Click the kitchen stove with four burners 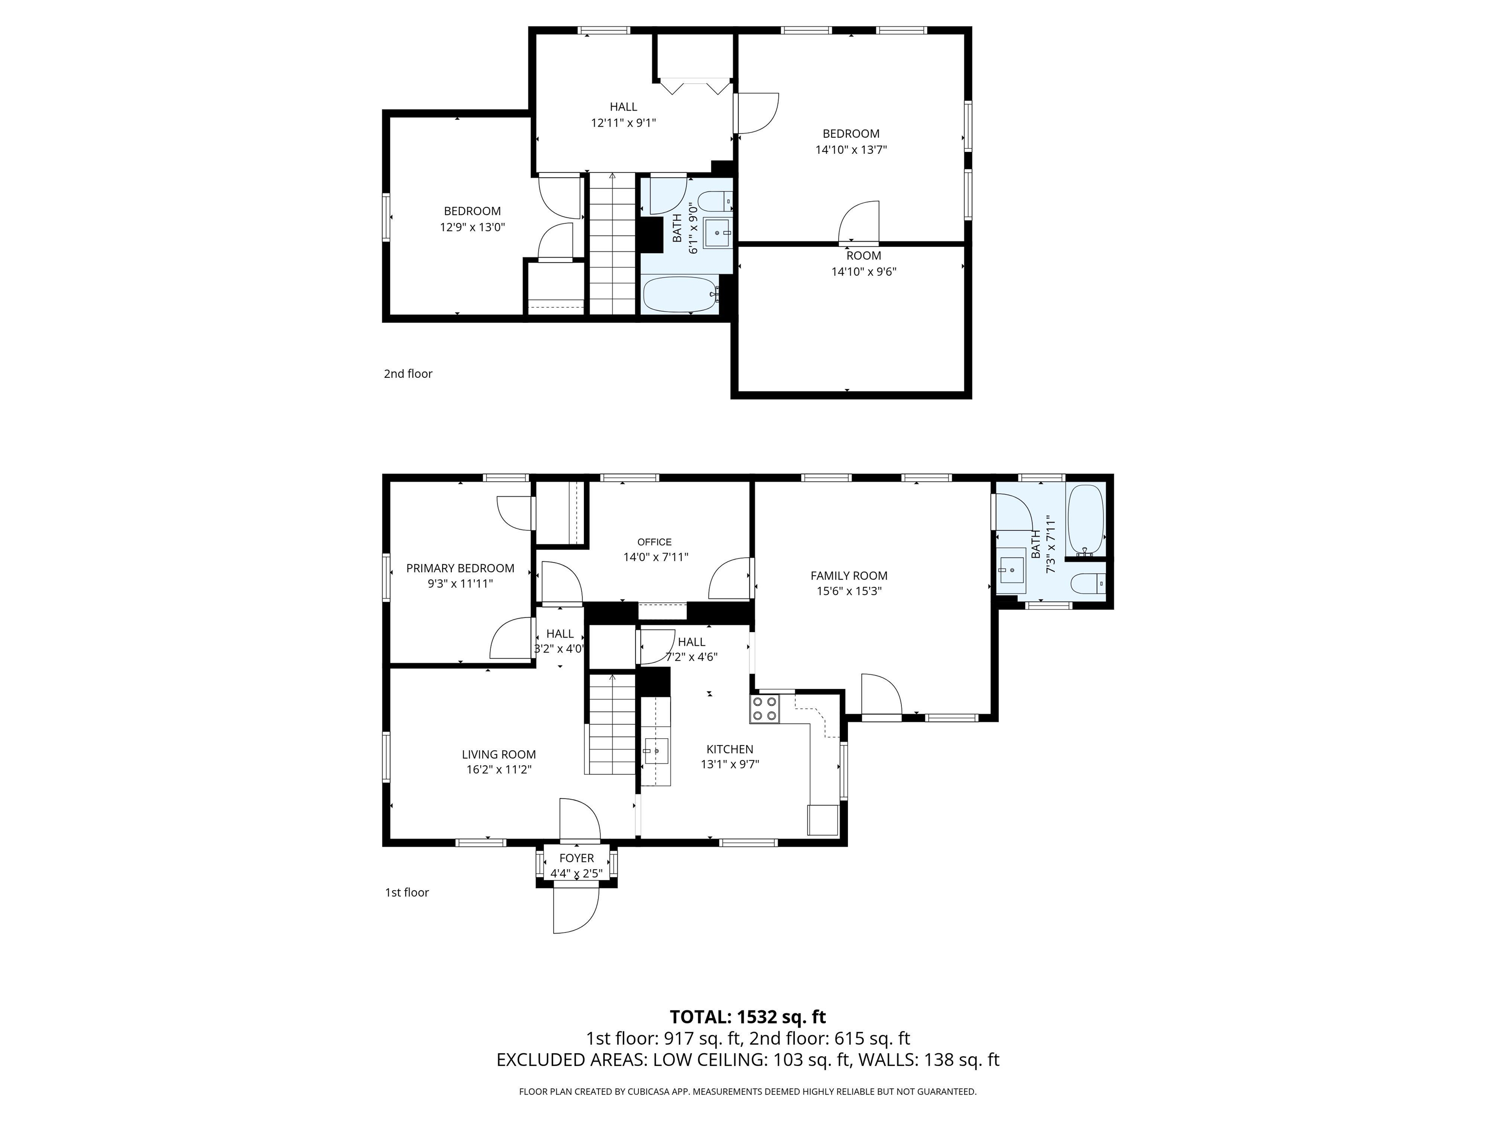[x=764, y=709]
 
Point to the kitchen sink [x=656, y=751]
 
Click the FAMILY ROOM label [x=849, y=576]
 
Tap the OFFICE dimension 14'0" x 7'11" [x=655, y=557]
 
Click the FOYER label [x=576, y=858]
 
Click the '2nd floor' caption [x=408, y=374]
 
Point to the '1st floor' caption [x=407, y=892]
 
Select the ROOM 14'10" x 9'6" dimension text [x=863, y=272]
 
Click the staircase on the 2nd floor [x=612, y=243]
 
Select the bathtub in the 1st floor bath [x=1085, y=519]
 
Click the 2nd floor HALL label [x=623, y=107]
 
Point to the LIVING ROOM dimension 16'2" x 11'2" [x=499, y=769]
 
